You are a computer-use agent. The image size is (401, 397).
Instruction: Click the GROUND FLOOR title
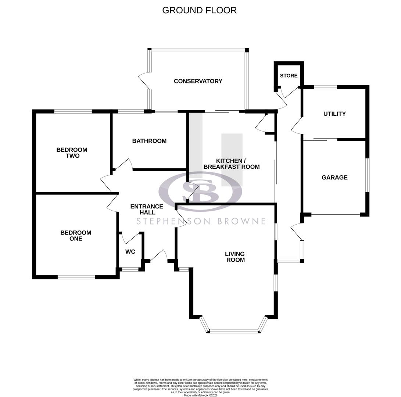point(199,10)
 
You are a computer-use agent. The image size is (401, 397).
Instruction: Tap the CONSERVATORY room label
point(198,81)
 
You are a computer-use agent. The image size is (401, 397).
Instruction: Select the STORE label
point(289,76)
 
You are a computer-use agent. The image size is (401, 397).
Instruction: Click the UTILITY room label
point(334,114)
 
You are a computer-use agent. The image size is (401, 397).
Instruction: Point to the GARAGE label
point(334,178)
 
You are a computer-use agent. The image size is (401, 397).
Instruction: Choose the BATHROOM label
point(149,141)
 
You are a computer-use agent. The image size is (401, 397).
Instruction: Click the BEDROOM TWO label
point(72,153)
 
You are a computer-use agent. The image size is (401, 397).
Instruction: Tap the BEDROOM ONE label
point(76,236)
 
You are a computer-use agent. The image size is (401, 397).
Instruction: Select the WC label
point(130,252)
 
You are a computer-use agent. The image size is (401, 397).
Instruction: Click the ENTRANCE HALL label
point(147,210)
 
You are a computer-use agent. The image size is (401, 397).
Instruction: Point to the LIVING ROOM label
point(235,257)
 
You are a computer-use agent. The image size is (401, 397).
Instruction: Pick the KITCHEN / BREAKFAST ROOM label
point(232,164)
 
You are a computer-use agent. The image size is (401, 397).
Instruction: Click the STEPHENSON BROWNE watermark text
point(201,221)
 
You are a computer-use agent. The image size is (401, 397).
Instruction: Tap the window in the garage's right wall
point(367,175)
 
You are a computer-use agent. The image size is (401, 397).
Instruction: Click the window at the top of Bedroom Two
point(73,111)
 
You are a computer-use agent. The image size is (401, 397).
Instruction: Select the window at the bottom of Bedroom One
point(76,277)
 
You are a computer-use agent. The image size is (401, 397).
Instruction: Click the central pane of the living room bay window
point(234,331)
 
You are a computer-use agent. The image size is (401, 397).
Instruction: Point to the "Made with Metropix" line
point(200,395)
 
